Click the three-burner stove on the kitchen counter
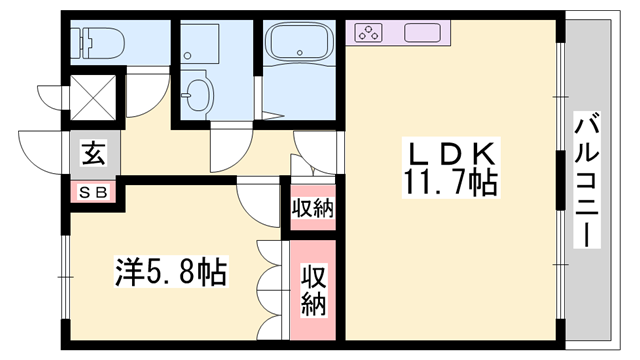tap(368, 32)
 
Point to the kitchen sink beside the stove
tap(428, 32)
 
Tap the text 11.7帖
tap(449, 184)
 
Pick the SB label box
tap(93, 191)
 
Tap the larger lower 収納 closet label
tap(313, 290)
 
